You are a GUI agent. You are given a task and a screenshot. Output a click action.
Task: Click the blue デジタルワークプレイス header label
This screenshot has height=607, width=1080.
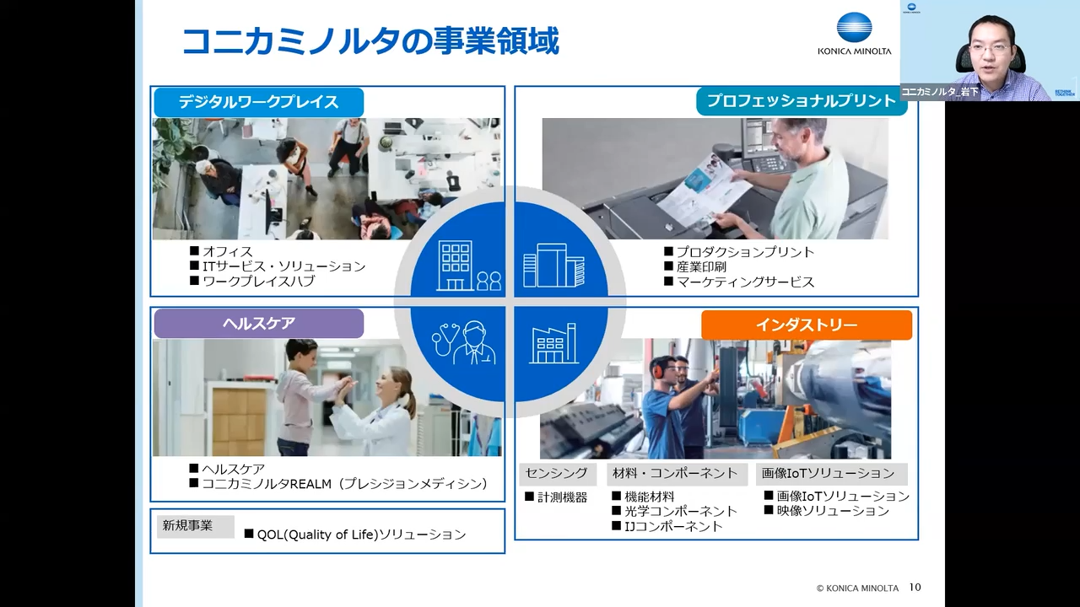click(259, 102)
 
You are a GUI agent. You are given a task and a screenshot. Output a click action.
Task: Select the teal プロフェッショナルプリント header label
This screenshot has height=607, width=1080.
click(802, 101)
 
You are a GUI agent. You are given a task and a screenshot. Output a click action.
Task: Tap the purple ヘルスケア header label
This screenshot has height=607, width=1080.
click(259, 323)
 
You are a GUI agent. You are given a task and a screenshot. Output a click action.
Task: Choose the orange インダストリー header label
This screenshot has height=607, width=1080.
click(807, 325)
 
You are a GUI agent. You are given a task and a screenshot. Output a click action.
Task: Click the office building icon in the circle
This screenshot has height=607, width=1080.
click(468, 266)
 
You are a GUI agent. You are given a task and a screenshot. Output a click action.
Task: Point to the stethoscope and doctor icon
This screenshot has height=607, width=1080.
click(464, 343)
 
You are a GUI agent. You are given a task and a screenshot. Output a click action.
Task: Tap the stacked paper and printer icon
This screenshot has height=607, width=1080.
click(554, 266)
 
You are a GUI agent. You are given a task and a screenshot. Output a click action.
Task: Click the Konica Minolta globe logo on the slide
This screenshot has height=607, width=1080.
click(855, 29)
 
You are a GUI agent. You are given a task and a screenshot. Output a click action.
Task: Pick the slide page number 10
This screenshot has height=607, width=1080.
click(915, 588)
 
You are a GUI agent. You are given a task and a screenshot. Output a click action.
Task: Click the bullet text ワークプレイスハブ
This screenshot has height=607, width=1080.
click(259, 281)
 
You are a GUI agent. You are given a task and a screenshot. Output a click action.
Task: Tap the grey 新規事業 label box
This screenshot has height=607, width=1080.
click(195, 527)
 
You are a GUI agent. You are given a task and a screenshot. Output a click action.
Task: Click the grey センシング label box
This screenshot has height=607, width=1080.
click(558, 474)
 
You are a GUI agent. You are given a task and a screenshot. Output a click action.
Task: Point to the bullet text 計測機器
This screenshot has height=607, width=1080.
click(563, 497)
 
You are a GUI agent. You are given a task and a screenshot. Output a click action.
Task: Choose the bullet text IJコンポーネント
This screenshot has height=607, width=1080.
click(673, 526)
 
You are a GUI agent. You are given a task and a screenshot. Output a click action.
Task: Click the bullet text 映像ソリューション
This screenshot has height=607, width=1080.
click(833, 511)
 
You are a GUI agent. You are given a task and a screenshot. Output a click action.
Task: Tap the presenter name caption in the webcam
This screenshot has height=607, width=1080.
click(940, 91)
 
